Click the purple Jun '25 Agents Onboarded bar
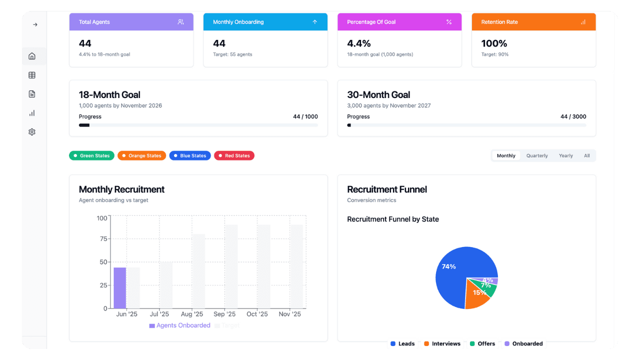[120, 288]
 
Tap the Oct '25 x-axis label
[257, 314]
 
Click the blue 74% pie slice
[452, 272]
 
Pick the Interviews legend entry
[442, 343]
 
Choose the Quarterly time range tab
[537, 155]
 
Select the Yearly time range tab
[565, 155]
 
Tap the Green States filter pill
[91, 155]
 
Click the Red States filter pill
[234, 155]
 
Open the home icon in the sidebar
[32, 56]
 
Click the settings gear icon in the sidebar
[32, 132]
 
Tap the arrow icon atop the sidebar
[34, 24]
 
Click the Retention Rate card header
[533, 22]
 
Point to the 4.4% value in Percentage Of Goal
[359, 43]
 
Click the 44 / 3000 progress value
[573, 116]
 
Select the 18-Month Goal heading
[109, 94]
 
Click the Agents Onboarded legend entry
[179, 325]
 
